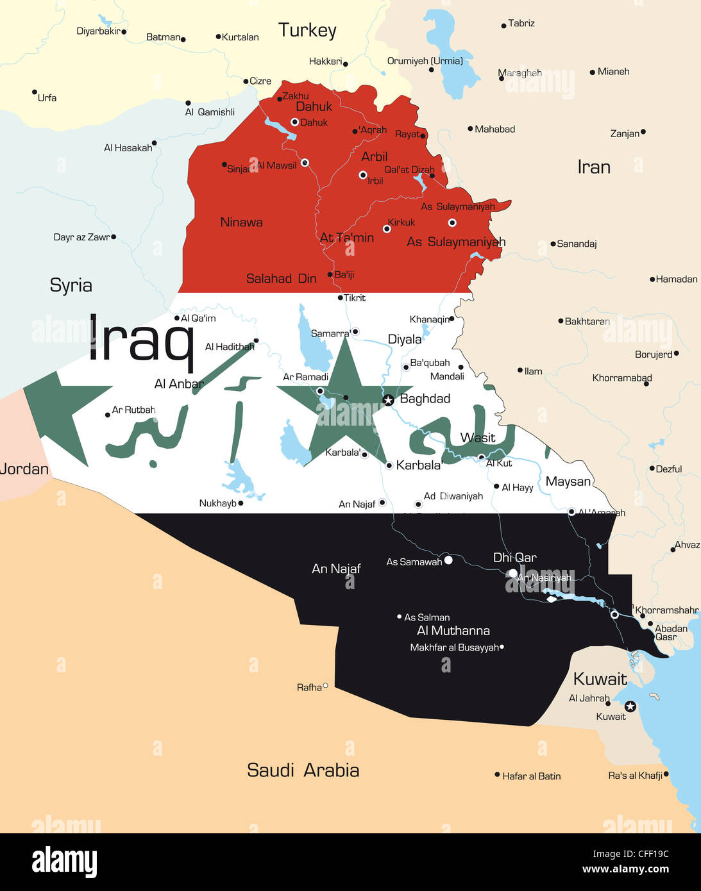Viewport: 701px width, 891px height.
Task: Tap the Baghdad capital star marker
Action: tap(388, 400)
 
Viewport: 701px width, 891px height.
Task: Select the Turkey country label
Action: tap(307, 30)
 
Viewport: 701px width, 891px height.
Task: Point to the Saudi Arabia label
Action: tap(303, 770)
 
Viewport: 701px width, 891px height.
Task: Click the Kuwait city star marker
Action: tap(630, 706)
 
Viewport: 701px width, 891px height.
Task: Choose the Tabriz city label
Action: tap(521, 23)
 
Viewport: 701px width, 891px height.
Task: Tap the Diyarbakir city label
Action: tap(98, 31)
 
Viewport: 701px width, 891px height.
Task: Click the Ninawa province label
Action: tap(241, 222)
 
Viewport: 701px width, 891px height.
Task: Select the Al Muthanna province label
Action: tap(453, 631)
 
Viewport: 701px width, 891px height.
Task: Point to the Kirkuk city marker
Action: tap(387, 228)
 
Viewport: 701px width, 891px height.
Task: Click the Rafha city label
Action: tap(309, 687)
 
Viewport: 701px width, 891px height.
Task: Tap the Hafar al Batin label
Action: tap(531, 776)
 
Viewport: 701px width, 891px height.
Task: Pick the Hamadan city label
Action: tap(676, 279)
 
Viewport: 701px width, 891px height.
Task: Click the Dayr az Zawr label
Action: tap(81, 237)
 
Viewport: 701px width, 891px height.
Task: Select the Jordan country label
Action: tap(24, 469)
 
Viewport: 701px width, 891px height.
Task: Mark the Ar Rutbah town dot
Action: tap(107, 415)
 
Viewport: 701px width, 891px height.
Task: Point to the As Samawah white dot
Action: tap(448, 560)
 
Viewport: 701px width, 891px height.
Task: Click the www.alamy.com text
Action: tap(625, 869)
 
